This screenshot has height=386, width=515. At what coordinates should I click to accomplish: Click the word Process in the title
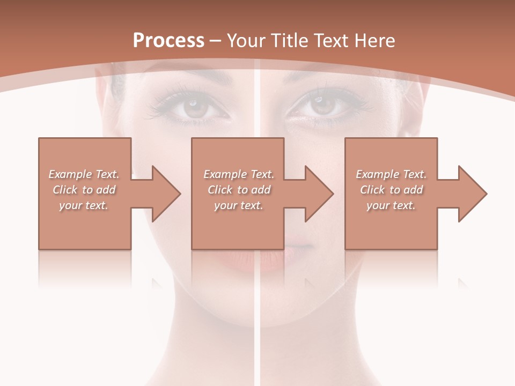click(168, 40)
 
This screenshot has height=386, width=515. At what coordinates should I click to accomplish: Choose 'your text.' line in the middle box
click(238, 205)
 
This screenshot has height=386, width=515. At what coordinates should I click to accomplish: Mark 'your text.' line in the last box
click(391, 205)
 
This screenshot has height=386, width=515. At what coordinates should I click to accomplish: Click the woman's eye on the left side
click(196, 107)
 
